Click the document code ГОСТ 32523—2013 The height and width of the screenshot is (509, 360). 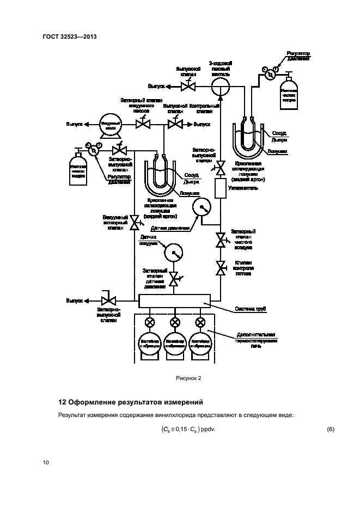pos(65,37)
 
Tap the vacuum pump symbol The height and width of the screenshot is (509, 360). pos(107,125)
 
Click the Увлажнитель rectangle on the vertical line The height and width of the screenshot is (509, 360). pos(221,188)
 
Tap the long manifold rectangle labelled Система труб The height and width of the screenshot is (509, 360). pos(174,301)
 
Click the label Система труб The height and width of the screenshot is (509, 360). pos(251,309)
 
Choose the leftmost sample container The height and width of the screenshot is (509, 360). pos(148,344)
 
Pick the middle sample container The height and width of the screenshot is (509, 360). pos(174,344)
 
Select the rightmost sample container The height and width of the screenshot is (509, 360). pos(200,344)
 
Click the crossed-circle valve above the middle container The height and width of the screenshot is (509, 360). pos(174,322)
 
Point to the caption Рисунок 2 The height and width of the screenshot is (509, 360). pos(188,377)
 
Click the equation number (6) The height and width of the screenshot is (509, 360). pos(330,430)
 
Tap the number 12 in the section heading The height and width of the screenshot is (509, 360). pos(62,403)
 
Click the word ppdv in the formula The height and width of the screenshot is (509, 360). pos(208,430)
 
